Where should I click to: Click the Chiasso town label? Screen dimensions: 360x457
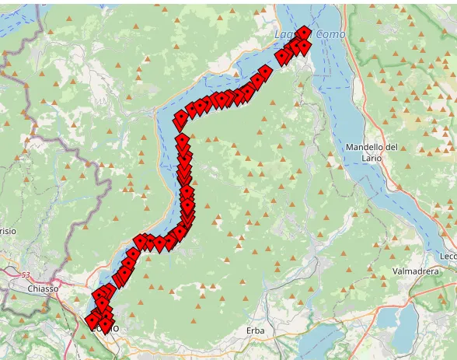43,288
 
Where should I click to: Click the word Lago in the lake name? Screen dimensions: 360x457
285,35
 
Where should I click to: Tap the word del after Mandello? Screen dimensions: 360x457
391,147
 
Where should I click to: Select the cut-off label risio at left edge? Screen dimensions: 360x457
8,231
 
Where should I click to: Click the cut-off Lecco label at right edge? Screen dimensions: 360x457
448,256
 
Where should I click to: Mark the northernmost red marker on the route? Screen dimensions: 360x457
304,32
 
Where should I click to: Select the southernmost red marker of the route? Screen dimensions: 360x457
106,325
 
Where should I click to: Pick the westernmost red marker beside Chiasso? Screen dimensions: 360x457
92,320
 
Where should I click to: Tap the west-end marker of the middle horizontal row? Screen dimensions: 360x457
141,241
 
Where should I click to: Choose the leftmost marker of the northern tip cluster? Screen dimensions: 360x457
281,56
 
